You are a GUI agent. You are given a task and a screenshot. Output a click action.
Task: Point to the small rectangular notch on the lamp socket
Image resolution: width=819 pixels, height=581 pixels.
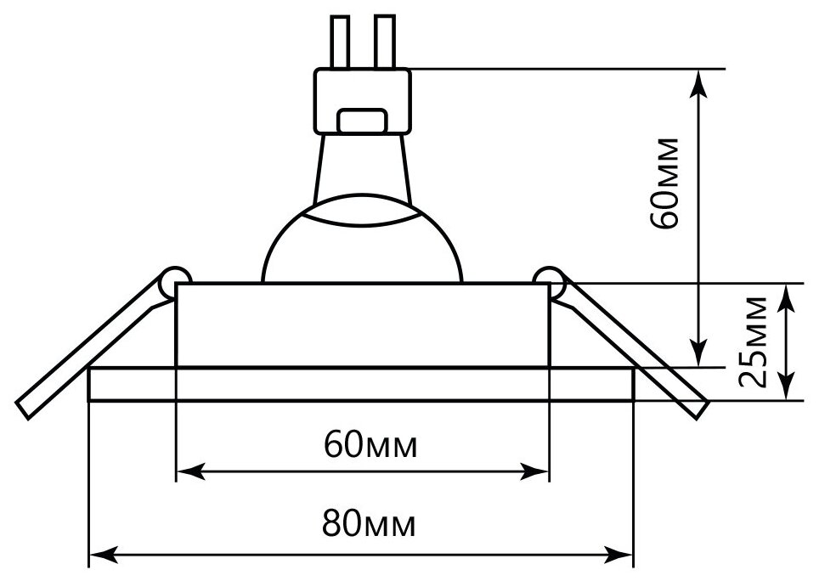[x=363, y=120]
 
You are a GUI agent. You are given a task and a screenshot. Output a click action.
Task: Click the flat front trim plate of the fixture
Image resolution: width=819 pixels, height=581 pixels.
[x=363, y=384]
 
